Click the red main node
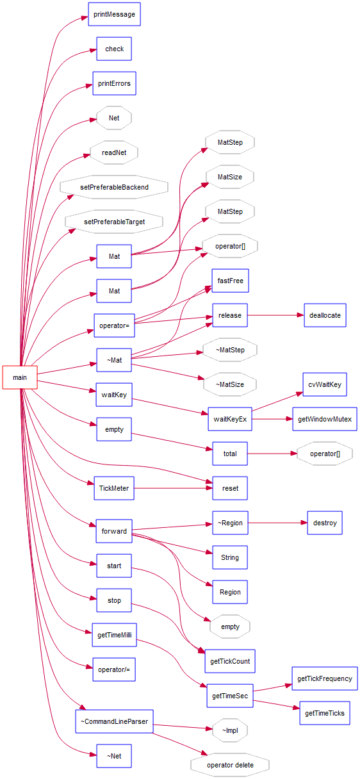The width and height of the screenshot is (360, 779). click(20, 377)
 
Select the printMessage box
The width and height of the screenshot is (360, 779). click(114, 14)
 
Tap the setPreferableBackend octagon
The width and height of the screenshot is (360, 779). click(114, 187)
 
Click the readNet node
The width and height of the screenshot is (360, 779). click(114, 152)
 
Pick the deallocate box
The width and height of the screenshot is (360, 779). click(325, 315)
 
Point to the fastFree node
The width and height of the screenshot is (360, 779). click(230, 281)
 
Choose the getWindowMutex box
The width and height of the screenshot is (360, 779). click(325, 419)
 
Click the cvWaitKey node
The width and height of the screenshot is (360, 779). click(325, 384)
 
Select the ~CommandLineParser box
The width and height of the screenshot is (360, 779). click(114, 721)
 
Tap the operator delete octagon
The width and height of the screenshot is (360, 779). click(230, 765)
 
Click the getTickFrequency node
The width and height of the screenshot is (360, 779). click(325, 678)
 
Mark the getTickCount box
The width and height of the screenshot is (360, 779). click(230, 661)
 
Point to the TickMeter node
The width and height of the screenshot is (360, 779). click(114, 488)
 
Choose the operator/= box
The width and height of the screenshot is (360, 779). click(114, 669)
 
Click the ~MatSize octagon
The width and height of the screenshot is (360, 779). click(230, 384)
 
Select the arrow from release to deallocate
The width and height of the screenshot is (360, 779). click(275, 315)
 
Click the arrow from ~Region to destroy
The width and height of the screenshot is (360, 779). click(277, 523)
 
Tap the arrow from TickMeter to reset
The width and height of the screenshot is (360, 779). click(173, 488)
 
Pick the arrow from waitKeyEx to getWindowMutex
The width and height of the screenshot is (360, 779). click(273, 419)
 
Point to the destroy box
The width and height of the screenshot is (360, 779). click(325, 523)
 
